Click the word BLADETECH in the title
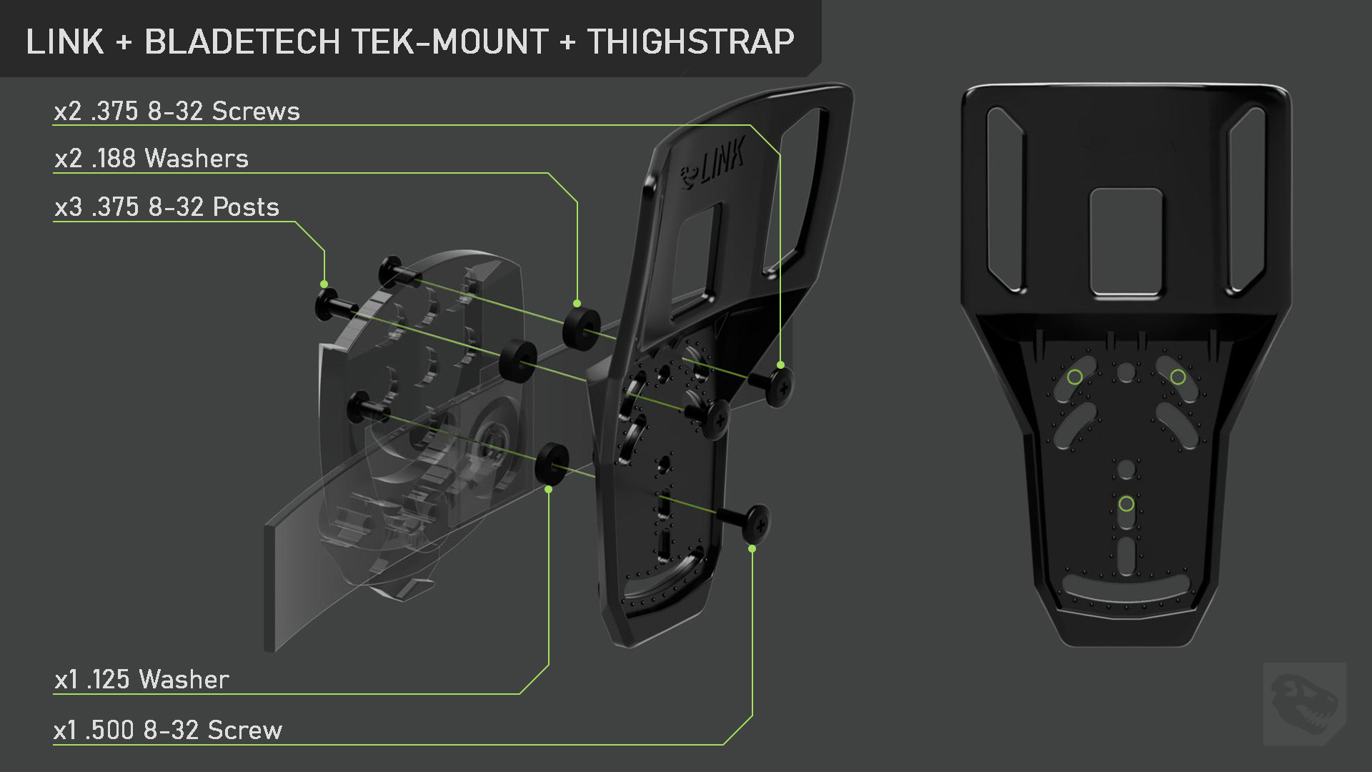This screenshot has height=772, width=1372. (x=242, y=41)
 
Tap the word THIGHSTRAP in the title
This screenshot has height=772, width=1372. (x=690, y=41)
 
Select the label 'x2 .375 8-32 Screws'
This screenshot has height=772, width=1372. (x=177, y=111)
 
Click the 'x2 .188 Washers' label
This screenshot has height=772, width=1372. (x=151, y=158)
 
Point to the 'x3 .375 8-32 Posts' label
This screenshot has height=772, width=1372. (x=166, y=207)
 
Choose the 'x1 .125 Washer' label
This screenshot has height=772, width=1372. (x=141, y=679)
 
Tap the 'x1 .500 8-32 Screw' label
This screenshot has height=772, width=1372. (x=168, y=730)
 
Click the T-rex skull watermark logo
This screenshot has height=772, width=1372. (x=1304, y=704)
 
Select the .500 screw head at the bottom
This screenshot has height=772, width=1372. (x=757, y=524)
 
